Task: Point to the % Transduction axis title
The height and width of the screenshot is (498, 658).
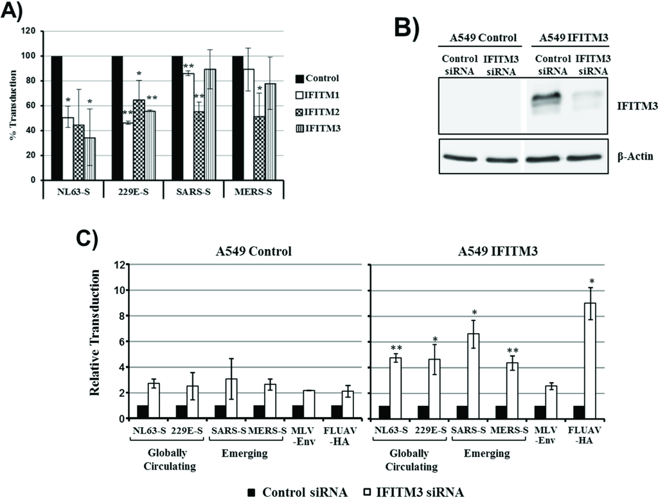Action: pyautogui.click(x=12, y=105)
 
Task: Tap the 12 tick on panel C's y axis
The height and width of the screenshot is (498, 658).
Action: pyautogui.click(x=118, y=264)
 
